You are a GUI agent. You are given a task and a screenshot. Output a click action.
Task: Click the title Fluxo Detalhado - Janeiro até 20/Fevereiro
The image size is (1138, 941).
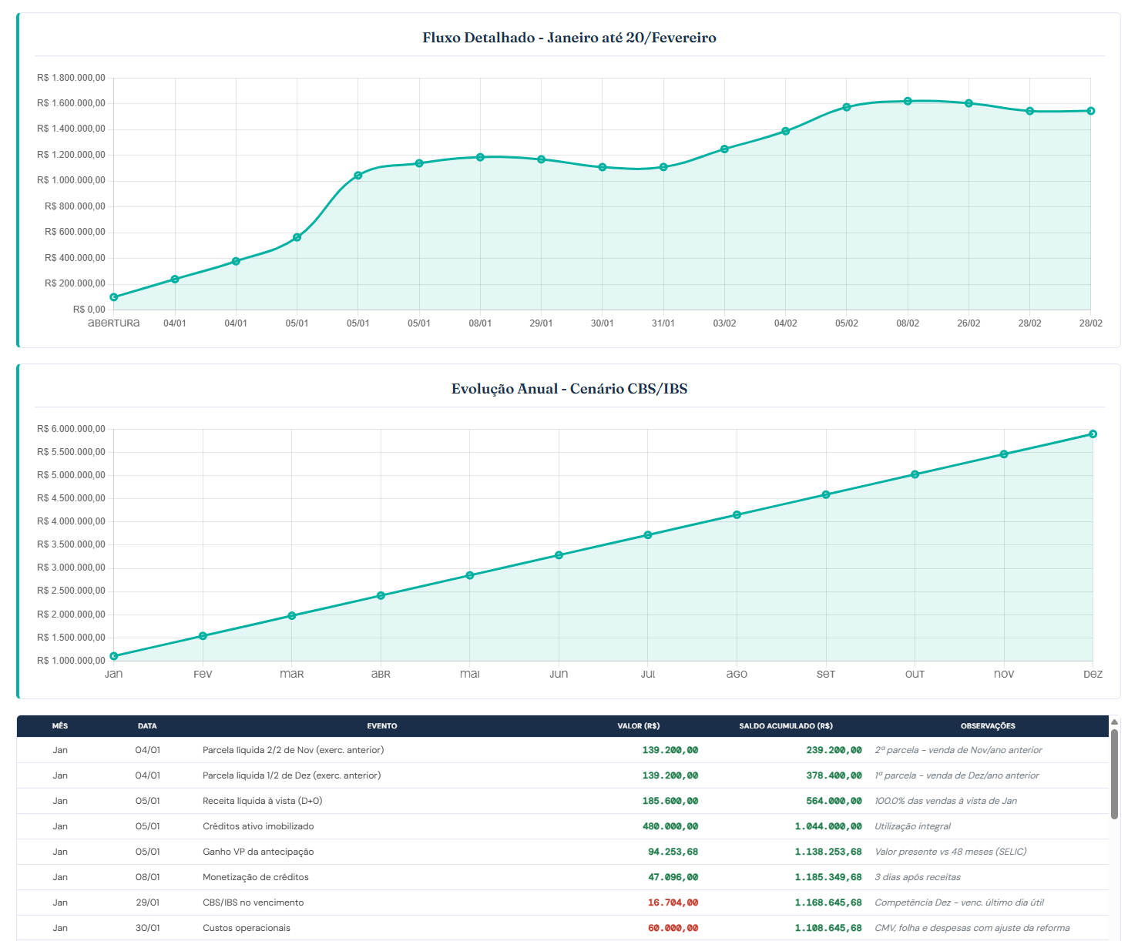(x=569, y=38)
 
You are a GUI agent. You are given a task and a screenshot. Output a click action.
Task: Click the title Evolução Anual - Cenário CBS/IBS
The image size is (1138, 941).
(x=569, y=389)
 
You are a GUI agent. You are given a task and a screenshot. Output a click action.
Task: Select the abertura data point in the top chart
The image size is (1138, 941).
(x=114, y=297)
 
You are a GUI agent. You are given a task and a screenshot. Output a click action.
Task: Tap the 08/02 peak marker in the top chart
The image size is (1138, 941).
(x=908, y=102)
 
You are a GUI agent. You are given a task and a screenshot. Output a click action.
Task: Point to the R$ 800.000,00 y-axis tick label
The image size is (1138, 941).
(x=75, y=206)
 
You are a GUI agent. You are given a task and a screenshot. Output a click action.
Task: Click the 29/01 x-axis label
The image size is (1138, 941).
(x=541, y=323)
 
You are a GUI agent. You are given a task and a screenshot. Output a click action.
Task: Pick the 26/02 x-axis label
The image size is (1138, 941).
(x=968, y=323)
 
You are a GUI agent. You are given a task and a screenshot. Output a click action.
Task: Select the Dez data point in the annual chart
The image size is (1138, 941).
(x=1093, y=434)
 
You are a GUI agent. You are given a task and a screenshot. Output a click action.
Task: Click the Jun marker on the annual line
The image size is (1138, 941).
(x=559, y=555)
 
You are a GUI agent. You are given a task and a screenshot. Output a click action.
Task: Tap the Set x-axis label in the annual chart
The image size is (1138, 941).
(x=826, y=674)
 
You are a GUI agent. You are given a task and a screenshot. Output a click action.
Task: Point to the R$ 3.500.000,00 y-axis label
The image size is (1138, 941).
(x=71, y=544)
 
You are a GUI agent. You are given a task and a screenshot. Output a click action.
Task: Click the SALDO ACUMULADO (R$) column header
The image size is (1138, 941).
(x=786, y=726)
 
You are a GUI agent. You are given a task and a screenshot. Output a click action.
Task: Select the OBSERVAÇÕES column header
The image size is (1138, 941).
(x=988, y=726)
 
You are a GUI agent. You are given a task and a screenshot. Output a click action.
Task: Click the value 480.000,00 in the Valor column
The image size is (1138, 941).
(x=670, y=826)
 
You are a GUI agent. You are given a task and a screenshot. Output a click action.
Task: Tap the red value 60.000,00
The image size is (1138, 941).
(x=673, y=928)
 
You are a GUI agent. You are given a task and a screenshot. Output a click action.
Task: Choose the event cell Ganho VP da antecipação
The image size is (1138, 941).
(x=258, y=852)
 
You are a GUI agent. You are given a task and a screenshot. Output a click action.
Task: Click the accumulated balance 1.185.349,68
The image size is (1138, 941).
(x=828, y=877)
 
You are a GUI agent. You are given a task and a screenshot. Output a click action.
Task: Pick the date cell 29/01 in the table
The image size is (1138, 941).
(x=148, y=902)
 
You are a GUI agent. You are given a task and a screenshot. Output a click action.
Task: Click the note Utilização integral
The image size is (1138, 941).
(x=912, y=826)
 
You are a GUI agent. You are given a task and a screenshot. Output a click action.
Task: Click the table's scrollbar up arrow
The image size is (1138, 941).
(x=1115, y=722)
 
